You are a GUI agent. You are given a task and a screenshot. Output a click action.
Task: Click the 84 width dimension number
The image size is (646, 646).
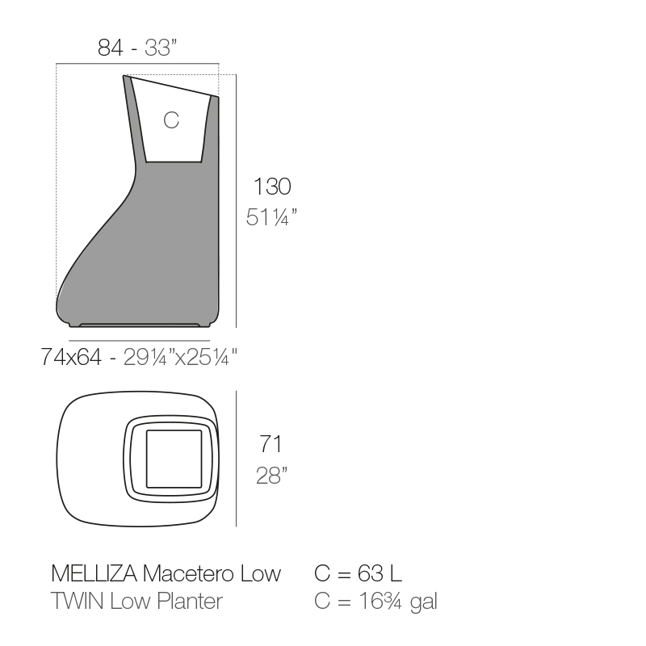pyautogui.click(x=110, y=48)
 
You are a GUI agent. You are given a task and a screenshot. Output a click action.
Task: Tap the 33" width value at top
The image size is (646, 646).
pyautogui.click(x=161, y=48)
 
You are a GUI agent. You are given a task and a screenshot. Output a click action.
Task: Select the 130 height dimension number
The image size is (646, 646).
pyautogui.click(x=272, y=187)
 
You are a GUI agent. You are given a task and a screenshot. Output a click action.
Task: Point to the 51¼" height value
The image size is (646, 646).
pyautogui.click(x=271, y=217)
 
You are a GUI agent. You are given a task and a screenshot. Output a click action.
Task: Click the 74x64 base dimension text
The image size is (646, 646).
pyautogui.click(x=71, y=357)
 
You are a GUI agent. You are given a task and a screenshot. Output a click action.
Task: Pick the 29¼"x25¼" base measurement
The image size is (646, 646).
pyautogui.click(x=180, y=357)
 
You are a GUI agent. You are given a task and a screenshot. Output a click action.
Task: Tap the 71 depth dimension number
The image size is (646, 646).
pyautogui.click(x=271, y=444)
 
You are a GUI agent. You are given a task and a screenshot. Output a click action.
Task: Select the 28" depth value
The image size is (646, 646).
pyautogui.click(x=271, y=476)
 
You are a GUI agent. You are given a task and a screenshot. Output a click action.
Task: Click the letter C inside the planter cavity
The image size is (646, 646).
pyautogui.click(x=171, y=120)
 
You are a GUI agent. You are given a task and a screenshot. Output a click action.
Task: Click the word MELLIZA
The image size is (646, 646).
pyautogui.click(x=94, y=573)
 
